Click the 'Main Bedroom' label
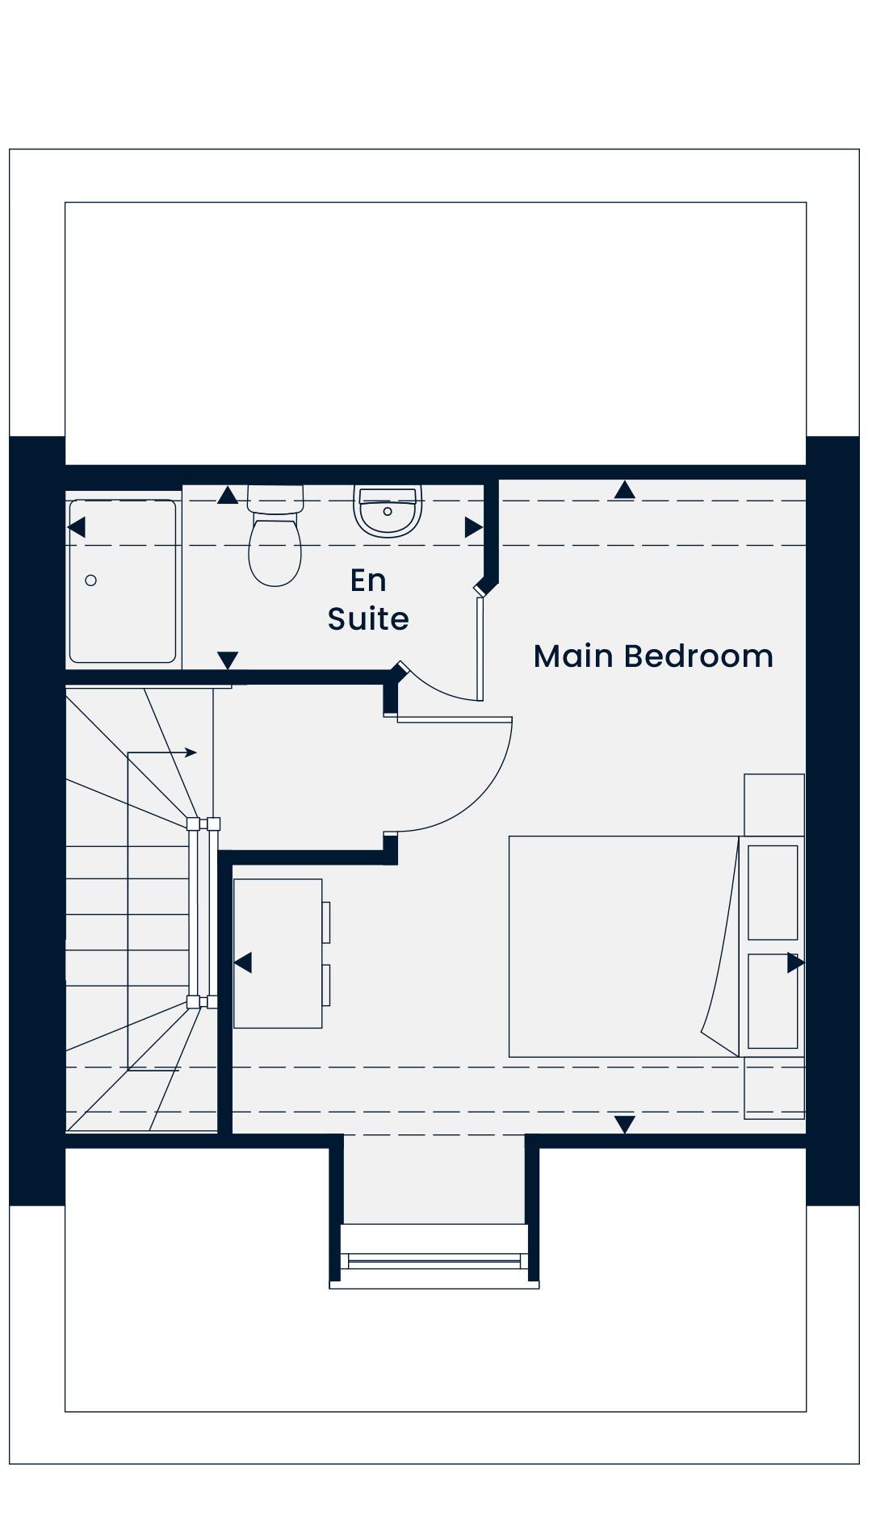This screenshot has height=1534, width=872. click(x=653, y=656)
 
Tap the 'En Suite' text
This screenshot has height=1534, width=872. click(x=368, y=599)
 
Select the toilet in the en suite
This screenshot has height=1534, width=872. click(x=275, y=535)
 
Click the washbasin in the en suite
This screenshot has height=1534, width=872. click(x=388, y=511)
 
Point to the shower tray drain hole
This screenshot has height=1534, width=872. click(x=91, y=580)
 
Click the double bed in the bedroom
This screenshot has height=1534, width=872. click(x=624, y=946)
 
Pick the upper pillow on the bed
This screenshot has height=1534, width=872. click(x=773, y=893)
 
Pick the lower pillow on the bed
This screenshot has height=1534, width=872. click(x=773, y=1001)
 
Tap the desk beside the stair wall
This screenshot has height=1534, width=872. click(x=279, y=954)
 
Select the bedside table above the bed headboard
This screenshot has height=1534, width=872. click(x=774, y=805)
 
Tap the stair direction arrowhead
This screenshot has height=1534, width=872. click(x=191, y=752)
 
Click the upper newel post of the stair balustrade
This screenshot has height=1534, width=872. click(x=203, y=824)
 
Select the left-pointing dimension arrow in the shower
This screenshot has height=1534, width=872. click(x=77, y=527)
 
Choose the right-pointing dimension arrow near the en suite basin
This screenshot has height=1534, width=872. click(x=474, y=527)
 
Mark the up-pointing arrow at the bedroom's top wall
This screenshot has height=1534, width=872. click(x=624, y=489)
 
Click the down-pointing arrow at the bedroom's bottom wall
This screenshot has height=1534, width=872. click(x=624, y=1124)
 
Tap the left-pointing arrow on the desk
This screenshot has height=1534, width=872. click(x=242, y=962)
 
